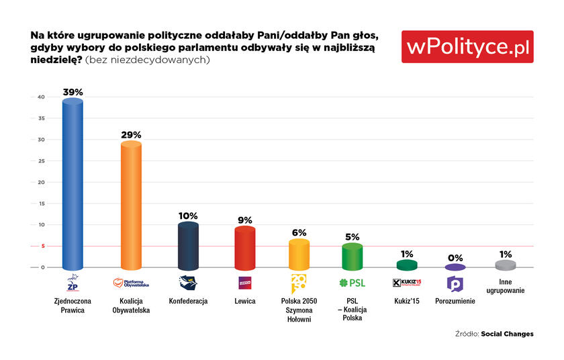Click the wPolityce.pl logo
point(467,46)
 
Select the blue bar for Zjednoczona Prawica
point(72,185)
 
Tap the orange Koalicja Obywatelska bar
point(130,206)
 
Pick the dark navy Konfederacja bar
point(188,246)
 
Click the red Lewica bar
point(245,248)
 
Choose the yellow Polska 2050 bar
point(299,255)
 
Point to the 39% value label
point(73,91)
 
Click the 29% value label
point(130,134)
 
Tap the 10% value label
point(188,216)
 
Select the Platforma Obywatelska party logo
point(130,283)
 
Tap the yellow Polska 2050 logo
point(298,282)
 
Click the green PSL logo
point(352,283)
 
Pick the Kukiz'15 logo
point(407,283)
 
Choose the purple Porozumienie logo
point(455,283)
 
